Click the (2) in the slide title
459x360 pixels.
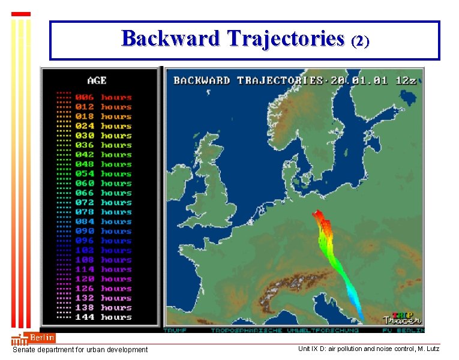tap(360, 41)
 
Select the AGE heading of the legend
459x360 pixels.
tap(97, 80)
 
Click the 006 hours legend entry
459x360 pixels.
tap(103, 97)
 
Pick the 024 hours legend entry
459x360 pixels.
tap(103, 126)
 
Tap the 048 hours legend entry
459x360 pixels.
tap(103, 164)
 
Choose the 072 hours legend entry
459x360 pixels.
tap(103, 202)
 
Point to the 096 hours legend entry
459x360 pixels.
tap(103, 241)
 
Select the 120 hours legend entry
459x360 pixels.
tap(103, 279)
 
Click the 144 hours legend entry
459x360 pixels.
tap(103, 317)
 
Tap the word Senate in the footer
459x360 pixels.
tap(25, 350)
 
